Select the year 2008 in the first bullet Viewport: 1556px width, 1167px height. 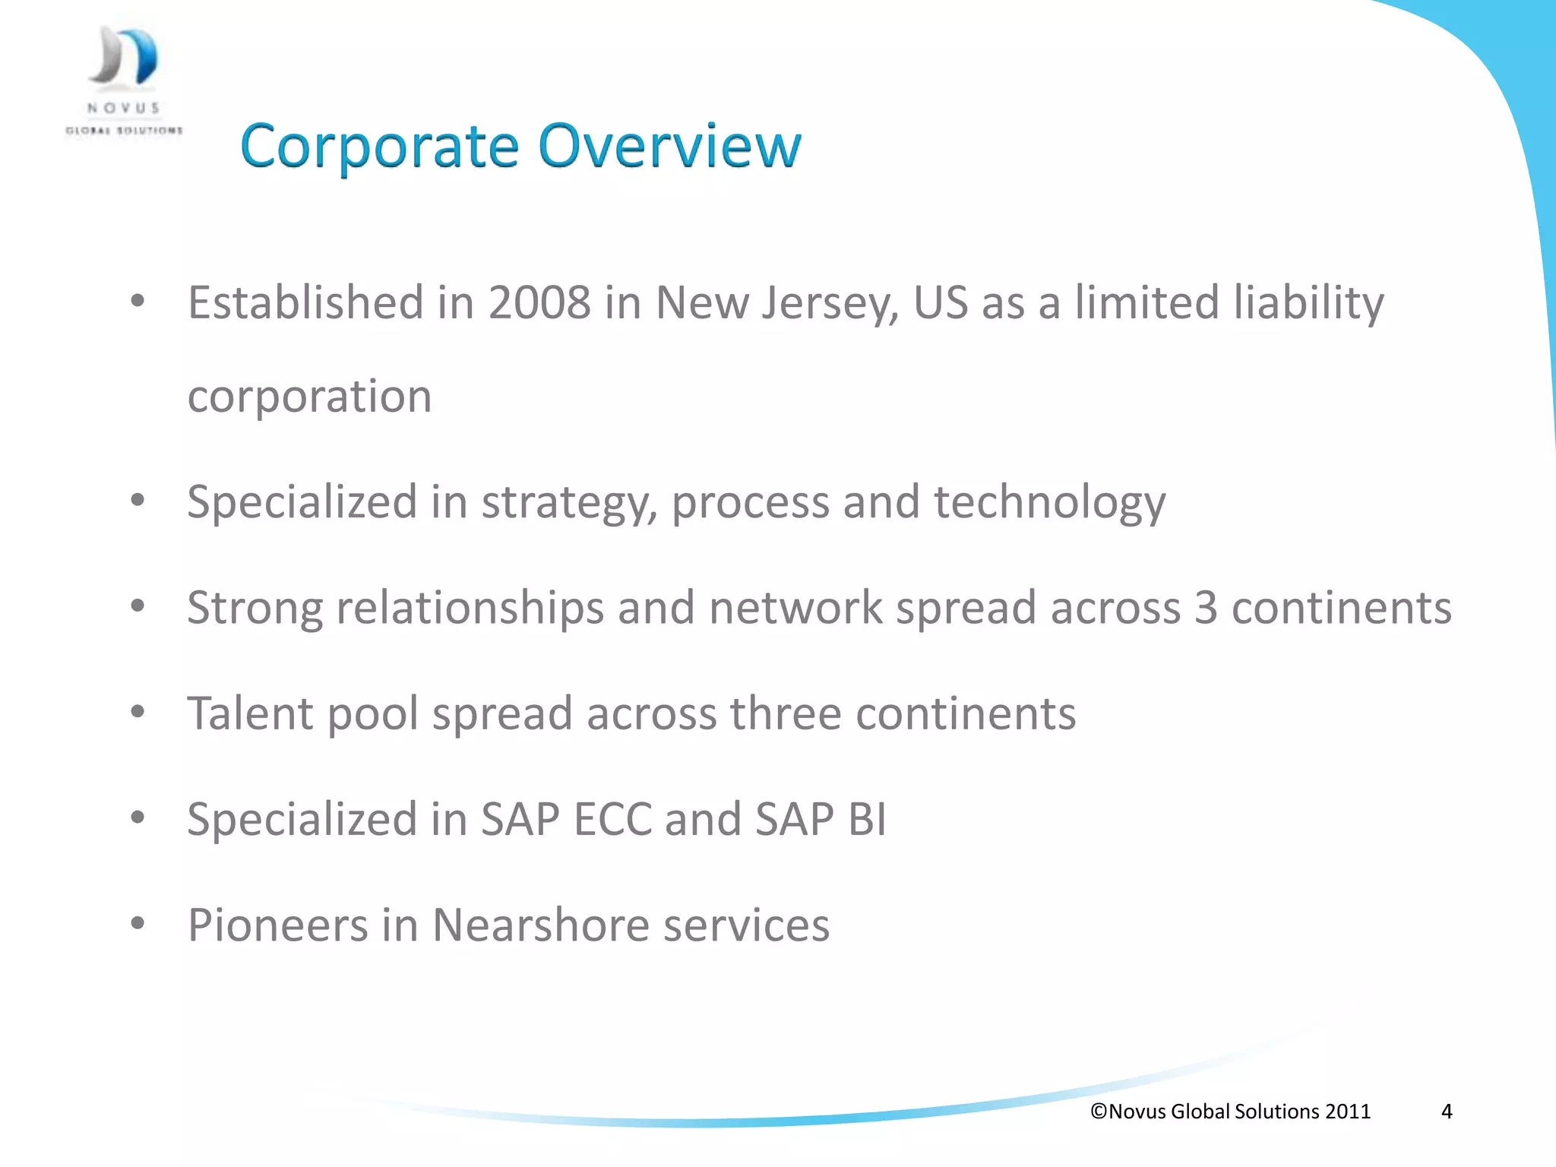(539, 302)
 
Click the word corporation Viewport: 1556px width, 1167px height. (309, 397)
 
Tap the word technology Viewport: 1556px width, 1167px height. (1049, 503)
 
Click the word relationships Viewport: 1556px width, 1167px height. (470, 608)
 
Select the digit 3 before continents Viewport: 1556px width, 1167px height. (1206, 608)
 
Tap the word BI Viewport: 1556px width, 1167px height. (867, 819)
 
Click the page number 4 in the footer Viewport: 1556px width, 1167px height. (1447, 1112)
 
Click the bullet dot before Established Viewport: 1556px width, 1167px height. (138, 302)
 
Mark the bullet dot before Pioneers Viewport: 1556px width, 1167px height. (138, 924)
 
